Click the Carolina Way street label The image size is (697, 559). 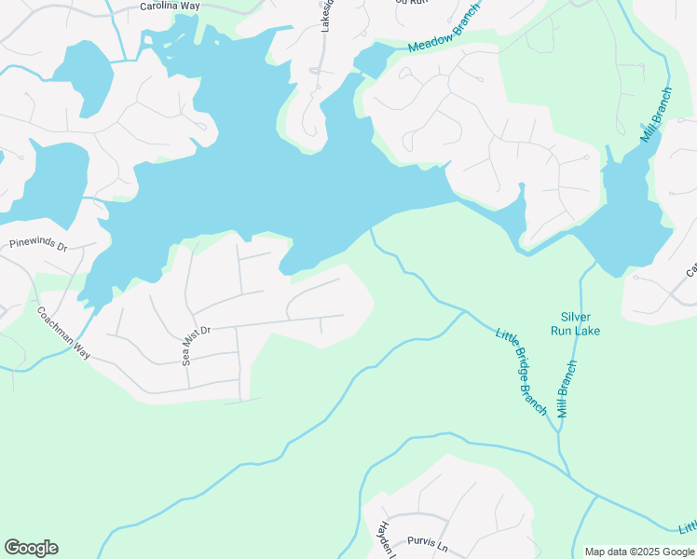[x=170, y=6]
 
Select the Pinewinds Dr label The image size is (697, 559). [x=38, y=245]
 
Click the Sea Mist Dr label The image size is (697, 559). [x=197, y=344]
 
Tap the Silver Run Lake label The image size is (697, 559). [x=581, y=323]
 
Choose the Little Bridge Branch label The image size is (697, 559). [x=521, y=372]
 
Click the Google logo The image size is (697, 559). [x=31, y=548]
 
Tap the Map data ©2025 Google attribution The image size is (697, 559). [x=639, y=552]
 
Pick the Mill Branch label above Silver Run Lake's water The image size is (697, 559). [x=655, y=115]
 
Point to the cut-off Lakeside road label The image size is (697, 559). [x=326, y=16]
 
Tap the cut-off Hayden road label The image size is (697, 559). [x=384, y=539]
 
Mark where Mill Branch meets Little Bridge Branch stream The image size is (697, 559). [x=558, y=432]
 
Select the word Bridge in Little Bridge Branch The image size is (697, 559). [x=522, y=374]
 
